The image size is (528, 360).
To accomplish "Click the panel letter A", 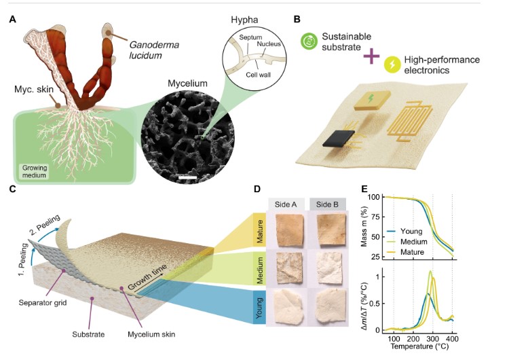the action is [x=12, y=20].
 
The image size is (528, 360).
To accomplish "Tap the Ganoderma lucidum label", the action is [x=154, y=50].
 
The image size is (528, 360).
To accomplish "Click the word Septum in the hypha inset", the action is [x=250, y=37].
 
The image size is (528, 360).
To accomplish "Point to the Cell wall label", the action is [x=259, y=75].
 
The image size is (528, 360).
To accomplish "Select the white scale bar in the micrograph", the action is [x=187, y=178].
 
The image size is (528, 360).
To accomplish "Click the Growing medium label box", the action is [x=34, y=171].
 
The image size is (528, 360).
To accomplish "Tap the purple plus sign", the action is [x=371, y=56].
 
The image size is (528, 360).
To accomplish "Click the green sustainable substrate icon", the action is [x=309, y=41].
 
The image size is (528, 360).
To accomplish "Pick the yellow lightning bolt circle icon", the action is [x=392, y=65].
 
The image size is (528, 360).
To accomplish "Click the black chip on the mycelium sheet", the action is [x=338, y=138].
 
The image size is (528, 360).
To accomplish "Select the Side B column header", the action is [x=327, y=204].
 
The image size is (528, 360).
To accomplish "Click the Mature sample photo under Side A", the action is [x=289, y=231].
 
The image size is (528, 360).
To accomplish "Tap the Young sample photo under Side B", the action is [x=330, y=306].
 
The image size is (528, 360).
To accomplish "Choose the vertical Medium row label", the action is [x=259, y=270].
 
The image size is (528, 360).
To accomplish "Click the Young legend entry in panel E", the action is [x=404, y=231].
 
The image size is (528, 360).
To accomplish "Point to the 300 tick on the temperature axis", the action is [x=433, y=339].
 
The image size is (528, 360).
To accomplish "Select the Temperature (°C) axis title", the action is [x=419, y=346].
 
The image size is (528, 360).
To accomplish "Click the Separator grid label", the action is [x=43, y=303].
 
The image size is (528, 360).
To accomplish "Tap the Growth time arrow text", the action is [x=147, y=277].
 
